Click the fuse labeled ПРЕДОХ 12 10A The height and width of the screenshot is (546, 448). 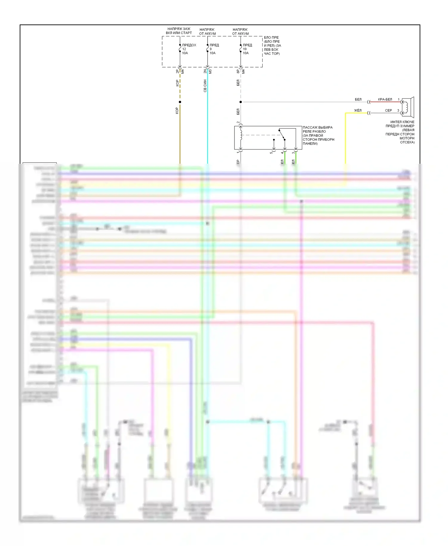pyautogui.click(x=180, y=48)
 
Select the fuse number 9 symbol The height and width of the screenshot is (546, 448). pyautogui.click(x=208, y=48)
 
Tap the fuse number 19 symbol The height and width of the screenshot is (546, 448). pyautogui.click(x=241, y=48)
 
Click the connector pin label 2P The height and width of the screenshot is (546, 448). pyautogui.click(x=177, y=72)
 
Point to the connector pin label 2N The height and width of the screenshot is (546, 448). pyautogui.click(x=205, y=72)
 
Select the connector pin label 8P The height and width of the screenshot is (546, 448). pyautogui.click(x=238, y=72)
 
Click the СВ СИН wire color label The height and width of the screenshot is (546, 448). pyautogui.click(x=205, y=86)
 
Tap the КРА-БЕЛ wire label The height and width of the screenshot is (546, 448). pyautogui.click(x=385, y=99)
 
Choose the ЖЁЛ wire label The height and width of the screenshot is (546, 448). pyautogui.click(x=358, y=111)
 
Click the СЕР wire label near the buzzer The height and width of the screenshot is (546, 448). pyautogui.click(x=388, y=111)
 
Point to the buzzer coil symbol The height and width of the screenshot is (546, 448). pyautogui.click(x=405, y=107)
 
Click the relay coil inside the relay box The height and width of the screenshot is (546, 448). pyautogui.click(x=241, y=135)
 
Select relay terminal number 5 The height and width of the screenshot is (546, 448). pyautogui.click(x=271, y=153)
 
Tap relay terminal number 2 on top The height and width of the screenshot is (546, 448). pyautogui.click(x=238, y=122)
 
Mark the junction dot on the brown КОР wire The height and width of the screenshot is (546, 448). pyautogui.click(x=180, y=102)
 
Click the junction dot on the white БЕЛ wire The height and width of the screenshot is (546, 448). pyautogui.click(x=241, y=102)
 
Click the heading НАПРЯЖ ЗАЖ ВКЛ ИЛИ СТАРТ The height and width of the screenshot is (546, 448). pyautogui.click(x=179, y=31)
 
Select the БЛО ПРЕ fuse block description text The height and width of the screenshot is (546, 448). pyautogui.click(x=272, y=46)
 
